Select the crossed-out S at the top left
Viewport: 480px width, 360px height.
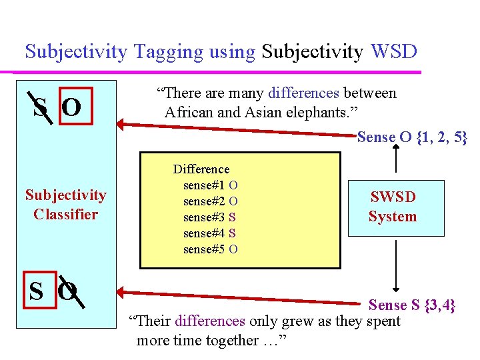tap(40, 107)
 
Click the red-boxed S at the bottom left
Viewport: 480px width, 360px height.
tap(37, 291)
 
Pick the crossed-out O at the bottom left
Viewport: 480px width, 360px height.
tap(68, 291)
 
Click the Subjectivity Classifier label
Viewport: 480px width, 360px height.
tap(65, 205)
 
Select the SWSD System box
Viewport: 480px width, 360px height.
tap(395, 207)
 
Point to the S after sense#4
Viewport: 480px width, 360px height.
tap(232, 233)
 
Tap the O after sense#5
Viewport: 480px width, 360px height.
tap(233, 249)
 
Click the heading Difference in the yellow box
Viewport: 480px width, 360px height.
tap(201, 169)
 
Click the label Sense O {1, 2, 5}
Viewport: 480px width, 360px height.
tap(412, 137)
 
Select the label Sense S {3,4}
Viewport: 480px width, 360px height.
tap(412, 305)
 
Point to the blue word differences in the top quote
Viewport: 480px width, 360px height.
tap(304, 93)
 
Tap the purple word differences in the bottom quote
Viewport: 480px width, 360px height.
tap(209, 321)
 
